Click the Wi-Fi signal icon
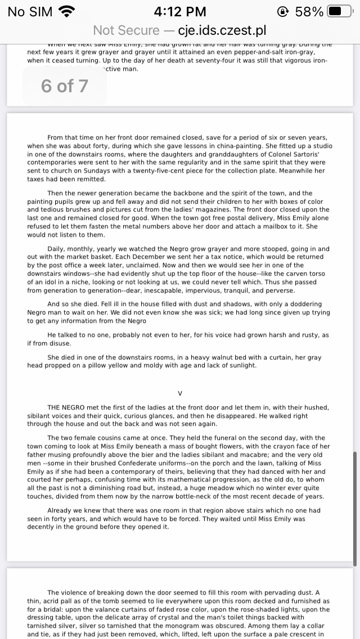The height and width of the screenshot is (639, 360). pyautogui.click(x=67, y=11)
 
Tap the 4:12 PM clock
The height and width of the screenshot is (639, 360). pyautogui.click(x=180, y=11)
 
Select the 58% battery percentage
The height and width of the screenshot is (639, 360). pyautogui.click(x=309, y=11)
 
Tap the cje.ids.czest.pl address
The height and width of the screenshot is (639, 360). pyautogui.click(x=222, y=30)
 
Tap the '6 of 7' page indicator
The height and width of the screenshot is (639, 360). pyautogui.click(x=64, y=85)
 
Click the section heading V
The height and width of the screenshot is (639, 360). pyautogui.click(x=180, y=393)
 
